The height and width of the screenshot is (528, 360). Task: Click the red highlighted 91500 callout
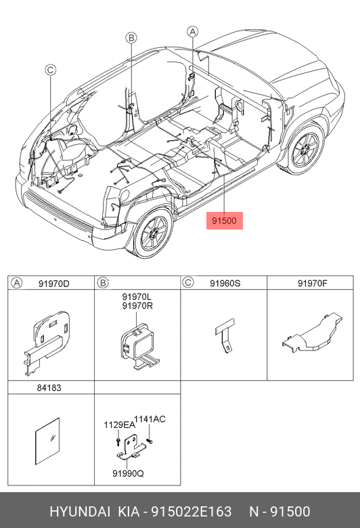tap(224, 221)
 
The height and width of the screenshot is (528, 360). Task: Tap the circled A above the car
tap(192, 32)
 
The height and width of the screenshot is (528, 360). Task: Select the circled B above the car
tap(131, 37)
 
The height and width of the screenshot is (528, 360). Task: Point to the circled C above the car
tap(50, 70)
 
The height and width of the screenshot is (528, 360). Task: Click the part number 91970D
tap(54, 284)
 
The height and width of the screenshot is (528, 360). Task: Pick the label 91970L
tap(137, 297)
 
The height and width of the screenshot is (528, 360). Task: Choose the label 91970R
tap(137, 306)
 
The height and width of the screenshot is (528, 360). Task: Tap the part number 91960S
tap(225, 283)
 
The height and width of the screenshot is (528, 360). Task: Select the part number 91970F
tap(312, 283)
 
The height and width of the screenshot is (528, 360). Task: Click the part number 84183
tap(49, 388)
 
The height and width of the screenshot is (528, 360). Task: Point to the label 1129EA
tap(119, 425)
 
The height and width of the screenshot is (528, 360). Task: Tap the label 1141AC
tap(150, 419)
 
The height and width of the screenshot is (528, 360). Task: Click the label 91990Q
tap(128, 473)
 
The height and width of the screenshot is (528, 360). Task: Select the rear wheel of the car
tap(154, 233)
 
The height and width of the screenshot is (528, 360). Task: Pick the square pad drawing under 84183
tap(47, 441)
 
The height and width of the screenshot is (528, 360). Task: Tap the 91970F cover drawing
tap(312, 333)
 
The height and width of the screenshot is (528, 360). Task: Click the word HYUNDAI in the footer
tap(80, 512)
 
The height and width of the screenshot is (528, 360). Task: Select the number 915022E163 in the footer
tap(192, 512)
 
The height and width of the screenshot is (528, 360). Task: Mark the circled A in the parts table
tap(16, 283)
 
